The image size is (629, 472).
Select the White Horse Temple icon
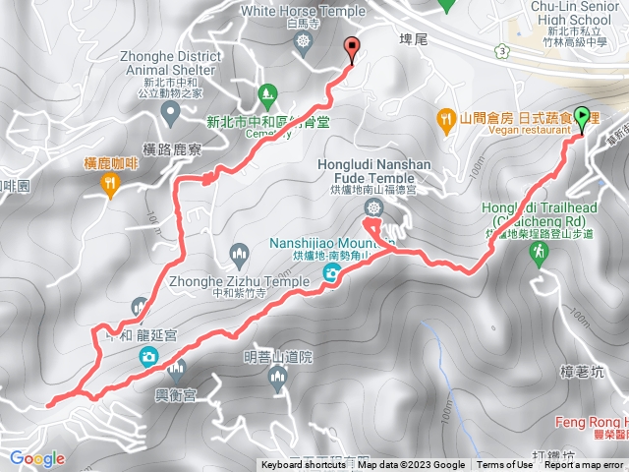point(303,41)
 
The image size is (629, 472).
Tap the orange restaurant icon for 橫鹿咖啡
point(110,183)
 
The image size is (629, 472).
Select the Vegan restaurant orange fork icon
point(449,118)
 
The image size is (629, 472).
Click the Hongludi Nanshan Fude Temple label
point(372,174)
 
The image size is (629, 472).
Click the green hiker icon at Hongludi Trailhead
point(538,254)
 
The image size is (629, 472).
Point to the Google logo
point(36,458)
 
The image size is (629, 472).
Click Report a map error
point(585,465)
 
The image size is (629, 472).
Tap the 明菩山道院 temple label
point(278,358)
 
